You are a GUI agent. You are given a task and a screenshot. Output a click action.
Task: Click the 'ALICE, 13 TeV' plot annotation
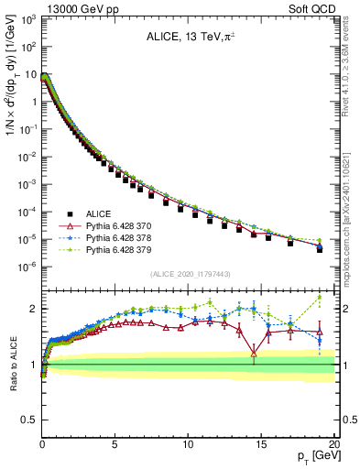[188, 38]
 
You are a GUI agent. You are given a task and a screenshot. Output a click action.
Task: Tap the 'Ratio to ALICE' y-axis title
[11, 364]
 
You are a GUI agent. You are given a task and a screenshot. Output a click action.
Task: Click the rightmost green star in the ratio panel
[319, 297]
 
